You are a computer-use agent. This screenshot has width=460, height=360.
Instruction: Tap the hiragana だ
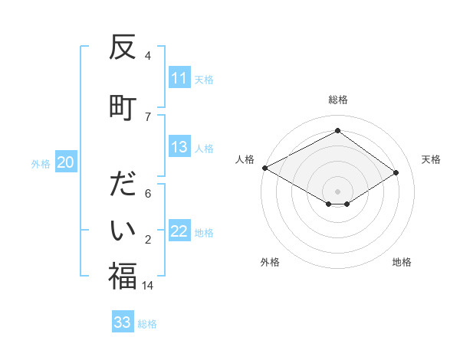click(123, 187)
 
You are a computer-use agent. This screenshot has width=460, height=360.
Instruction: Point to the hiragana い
click(123, 231)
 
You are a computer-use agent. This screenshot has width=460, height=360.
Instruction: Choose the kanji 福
click(123, 276)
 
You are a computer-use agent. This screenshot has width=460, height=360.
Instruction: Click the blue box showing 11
click(179, 78)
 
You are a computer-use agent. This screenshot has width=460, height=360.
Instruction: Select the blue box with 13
click(179, 147)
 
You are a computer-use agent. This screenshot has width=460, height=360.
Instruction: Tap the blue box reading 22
click(179, 232)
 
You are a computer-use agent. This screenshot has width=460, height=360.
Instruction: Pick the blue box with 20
click(65, 162)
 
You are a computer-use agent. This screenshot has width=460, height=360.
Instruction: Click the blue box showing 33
click(123, 322)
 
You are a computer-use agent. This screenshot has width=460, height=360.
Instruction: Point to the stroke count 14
click(147, 285)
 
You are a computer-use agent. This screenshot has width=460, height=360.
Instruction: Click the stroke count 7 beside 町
click(147, 116)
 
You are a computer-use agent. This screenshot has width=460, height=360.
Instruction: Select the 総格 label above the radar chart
click(337, 100)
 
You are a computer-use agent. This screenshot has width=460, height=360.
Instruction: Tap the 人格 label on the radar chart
click(245, 159)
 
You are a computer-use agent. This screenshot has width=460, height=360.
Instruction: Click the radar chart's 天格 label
click(431, 159)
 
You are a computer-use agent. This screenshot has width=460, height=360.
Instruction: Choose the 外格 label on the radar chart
click(270, 262)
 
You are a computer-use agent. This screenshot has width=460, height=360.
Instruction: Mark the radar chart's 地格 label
click(402, 262)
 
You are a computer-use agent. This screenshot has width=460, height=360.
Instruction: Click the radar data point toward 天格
click(396, 172)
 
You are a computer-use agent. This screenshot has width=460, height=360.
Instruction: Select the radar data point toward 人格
click(265, 168)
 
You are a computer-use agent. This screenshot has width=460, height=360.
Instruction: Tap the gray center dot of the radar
click(337, 190)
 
